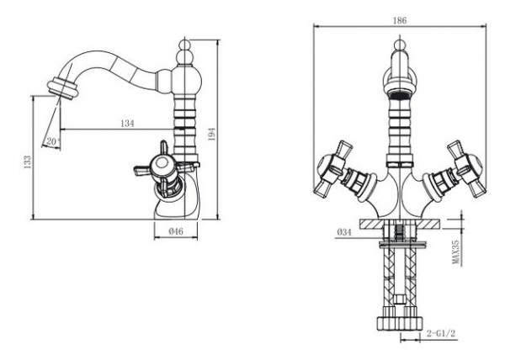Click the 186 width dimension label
tap(400, 20)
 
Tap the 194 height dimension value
tap(211, 134)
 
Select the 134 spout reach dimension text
tap(127, 123)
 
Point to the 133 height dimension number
tap(28, 161)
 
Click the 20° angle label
tap(53, 141)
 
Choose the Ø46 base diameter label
tap(176, 231)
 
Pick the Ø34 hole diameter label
tap(344, 232)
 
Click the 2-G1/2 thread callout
tap(441, 333)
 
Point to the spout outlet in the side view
tap(63, 87)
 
